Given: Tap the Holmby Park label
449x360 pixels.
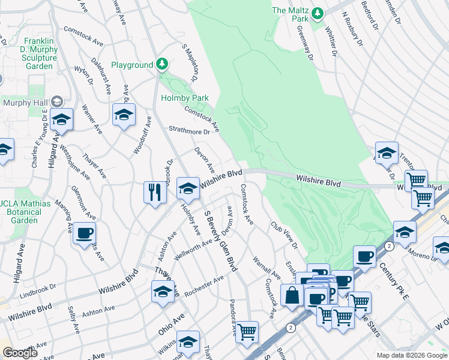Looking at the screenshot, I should (184, 98).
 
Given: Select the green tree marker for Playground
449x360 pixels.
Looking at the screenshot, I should (161, 63).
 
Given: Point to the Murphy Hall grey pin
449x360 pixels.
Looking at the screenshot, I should (58, 102).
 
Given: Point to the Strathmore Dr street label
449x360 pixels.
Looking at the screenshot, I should (189, 130).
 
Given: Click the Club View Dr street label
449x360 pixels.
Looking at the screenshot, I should (284, 236).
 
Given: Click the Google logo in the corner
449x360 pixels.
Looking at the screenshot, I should (20, 353).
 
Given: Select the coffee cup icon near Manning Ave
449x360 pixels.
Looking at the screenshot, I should (84, 232).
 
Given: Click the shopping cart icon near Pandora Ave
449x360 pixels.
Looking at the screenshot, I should (247, 332).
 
